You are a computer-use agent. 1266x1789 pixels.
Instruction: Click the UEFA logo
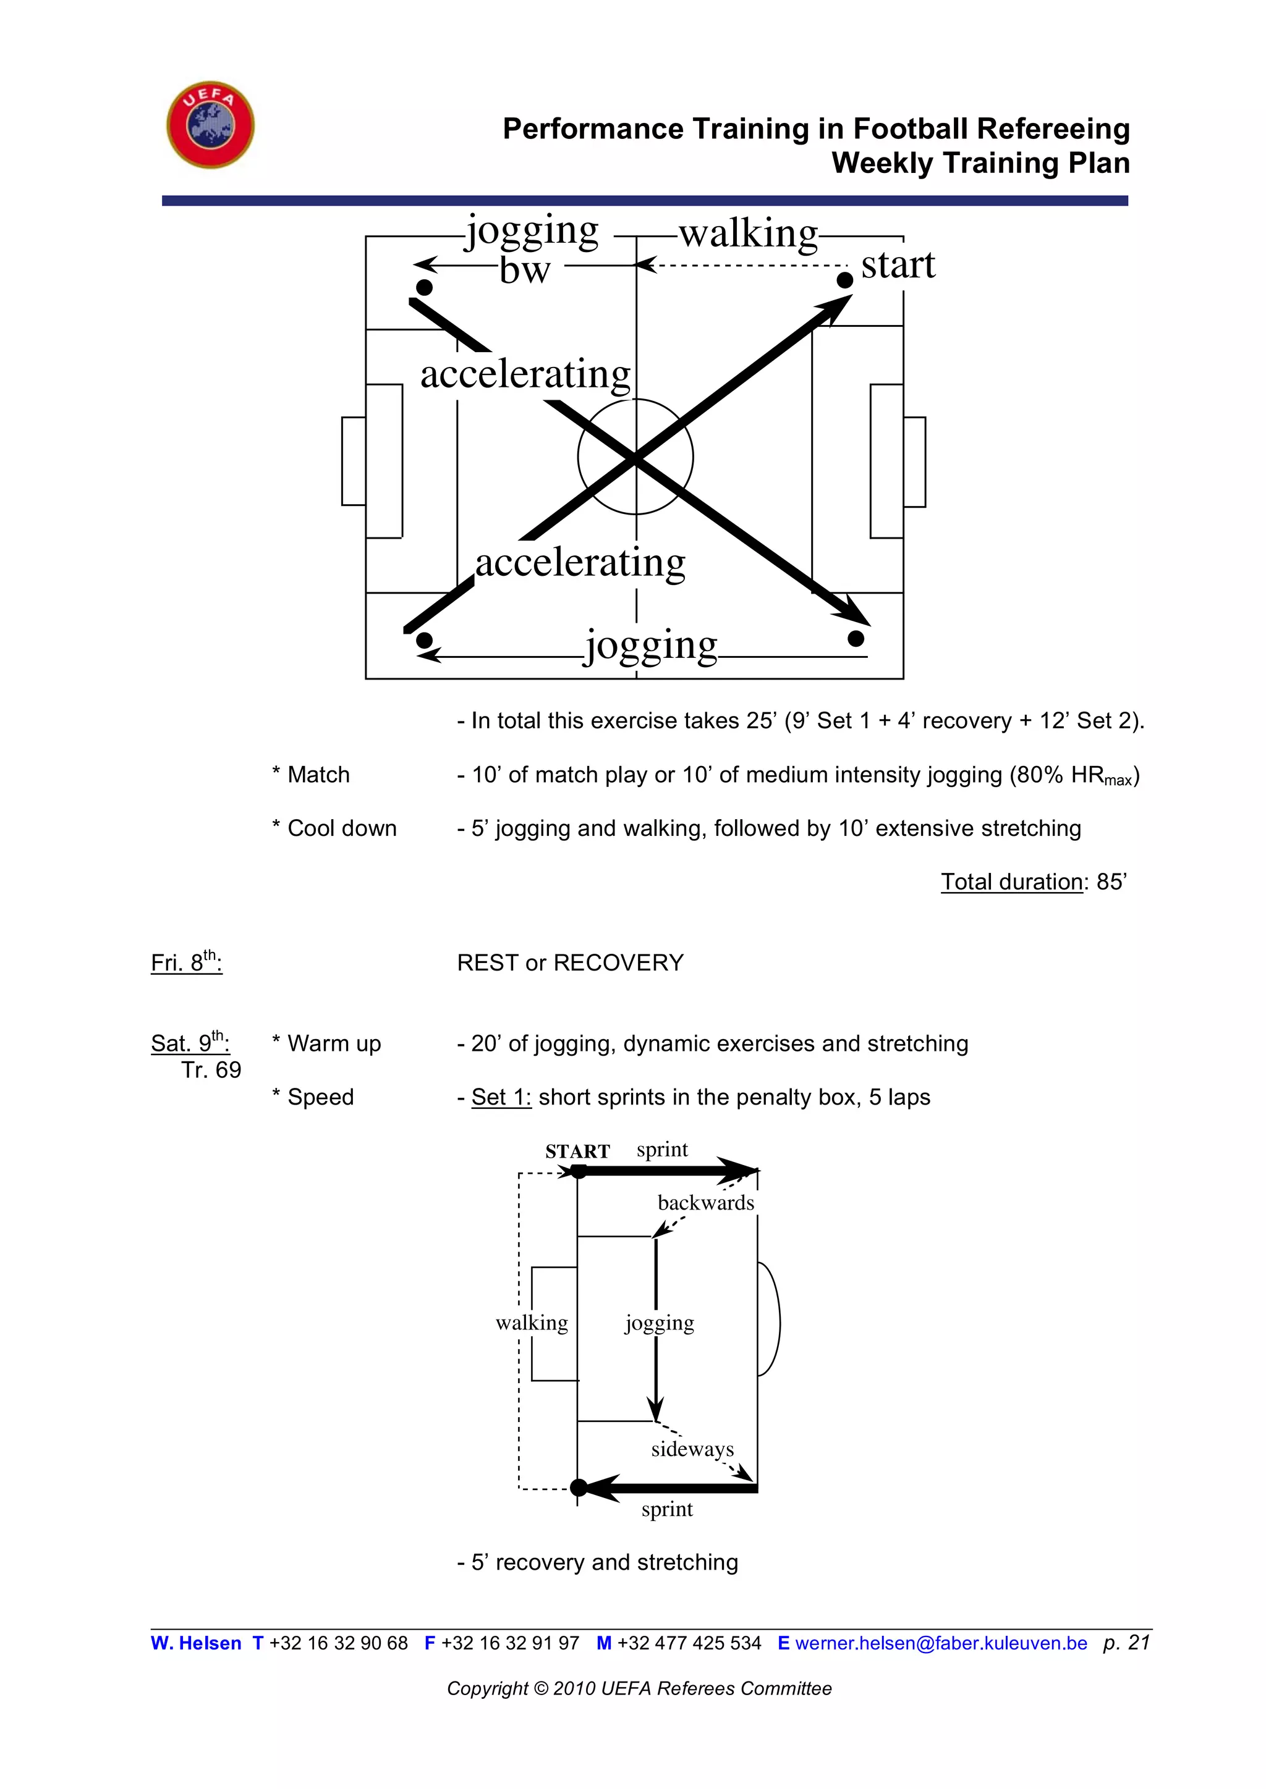(210, 125)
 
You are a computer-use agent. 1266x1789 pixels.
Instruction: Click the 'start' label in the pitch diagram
(898, 265)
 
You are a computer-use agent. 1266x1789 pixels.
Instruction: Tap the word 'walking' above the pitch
(749, 233)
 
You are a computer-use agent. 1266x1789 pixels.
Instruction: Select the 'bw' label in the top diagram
(525, 271)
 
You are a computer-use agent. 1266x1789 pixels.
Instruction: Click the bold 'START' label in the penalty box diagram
(577, 1151)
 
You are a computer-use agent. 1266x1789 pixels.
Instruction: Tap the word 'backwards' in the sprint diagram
(705, 1203)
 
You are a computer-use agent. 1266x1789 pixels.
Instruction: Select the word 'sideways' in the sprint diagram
(692, 1449)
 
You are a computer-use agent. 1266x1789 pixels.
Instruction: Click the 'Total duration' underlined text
(1011, 882)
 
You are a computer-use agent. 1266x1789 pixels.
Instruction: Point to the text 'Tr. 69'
(211, 1070)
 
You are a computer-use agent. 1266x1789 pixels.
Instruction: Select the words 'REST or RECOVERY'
(570, 963)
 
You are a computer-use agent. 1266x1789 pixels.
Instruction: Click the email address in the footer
(940, 1643)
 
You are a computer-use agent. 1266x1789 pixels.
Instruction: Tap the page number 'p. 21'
(1126, 1643)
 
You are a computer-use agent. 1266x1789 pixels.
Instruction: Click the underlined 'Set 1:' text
(501, 1097)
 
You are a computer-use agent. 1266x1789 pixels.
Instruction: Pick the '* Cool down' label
(334, 828)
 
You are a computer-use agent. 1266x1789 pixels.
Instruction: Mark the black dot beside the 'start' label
(844, 280)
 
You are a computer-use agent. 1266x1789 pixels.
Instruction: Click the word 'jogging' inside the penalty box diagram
(660, 1323)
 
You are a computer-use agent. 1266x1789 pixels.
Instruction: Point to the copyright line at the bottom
(639, 1688)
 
